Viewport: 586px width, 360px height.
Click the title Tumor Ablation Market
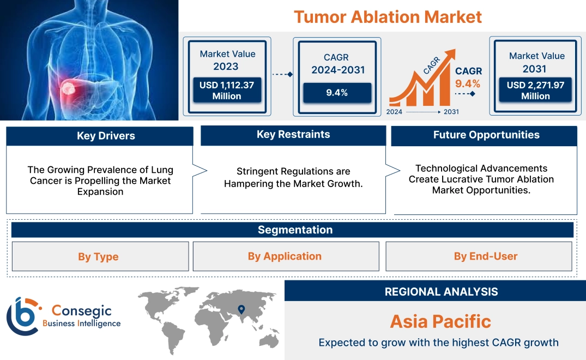[388, 16]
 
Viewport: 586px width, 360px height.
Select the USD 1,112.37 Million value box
[226, 91]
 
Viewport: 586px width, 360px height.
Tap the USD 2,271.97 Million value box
[535, 91]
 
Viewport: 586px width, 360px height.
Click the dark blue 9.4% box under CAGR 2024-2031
[337, 93]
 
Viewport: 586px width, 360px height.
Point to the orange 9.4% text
[468, 83]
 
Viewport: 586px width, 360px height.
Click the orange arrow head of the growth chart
[450, 55]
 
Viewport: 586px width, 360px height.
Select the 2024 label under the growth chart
[395, 112]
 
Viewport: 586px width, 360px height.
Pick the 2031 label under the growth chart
[451, 112]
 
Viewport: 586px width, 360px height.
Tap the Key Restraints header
[293, 135]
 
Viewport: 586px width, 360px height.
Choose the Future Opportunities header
[486, 135]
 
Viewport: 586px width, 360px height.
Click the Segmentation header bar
[295, 230]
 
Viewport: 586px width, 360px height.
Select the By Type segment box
[98, 256]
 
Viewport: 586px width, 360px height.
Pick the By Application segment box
[285, 256]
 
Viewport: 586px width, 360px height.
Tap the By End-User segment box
[485, 256]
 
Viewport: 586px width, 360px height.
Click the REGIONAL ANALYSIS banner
[441, 292]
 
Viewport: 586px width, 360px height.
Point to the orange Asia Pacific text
[440, 321]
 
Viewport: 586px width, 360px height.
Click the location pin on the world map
[240, 310]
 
